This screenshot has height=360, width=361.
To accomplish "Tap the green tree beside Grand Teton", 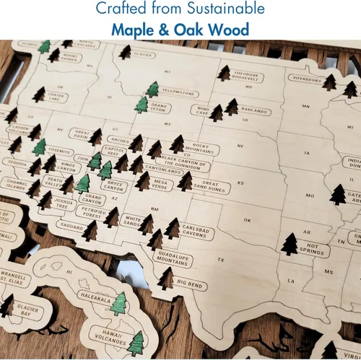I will (142, 105).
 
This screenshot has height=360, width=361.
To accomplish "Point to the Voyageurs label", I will (306, 77).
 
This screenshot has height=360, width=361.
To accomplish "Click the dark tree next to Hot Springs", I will (290, 244).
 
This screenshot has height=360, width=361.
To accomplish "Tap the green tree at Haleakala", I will (119, 303).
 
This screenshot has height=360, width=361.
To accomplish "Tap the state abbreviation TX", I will (222, 259).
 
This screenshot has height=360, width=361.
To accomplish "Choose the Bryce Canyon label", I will (116, 186).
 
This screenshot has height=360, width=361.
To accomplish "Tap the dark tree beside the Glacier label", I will (125, 53).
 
